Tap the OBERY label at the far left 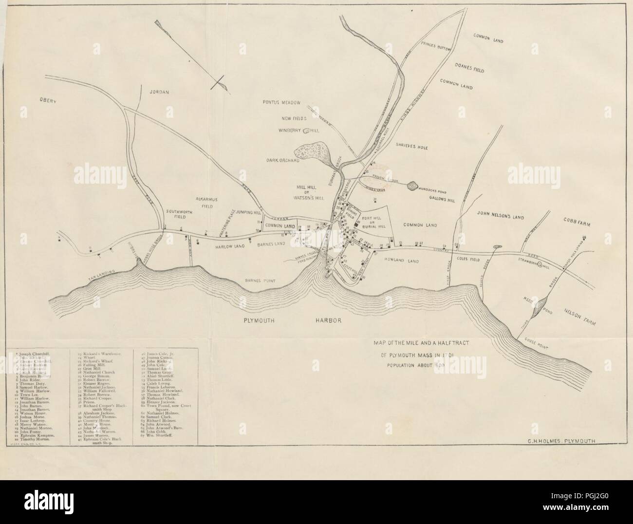pyautogui.click(x=49, y=101)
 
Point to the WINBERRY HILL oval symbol pyautogui.click(x=307, y=131)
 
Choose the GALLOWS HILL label pyautogui.click(x=442, y=200)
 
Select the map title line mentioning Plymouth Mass pyautogui.click(x=418, y=355)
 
